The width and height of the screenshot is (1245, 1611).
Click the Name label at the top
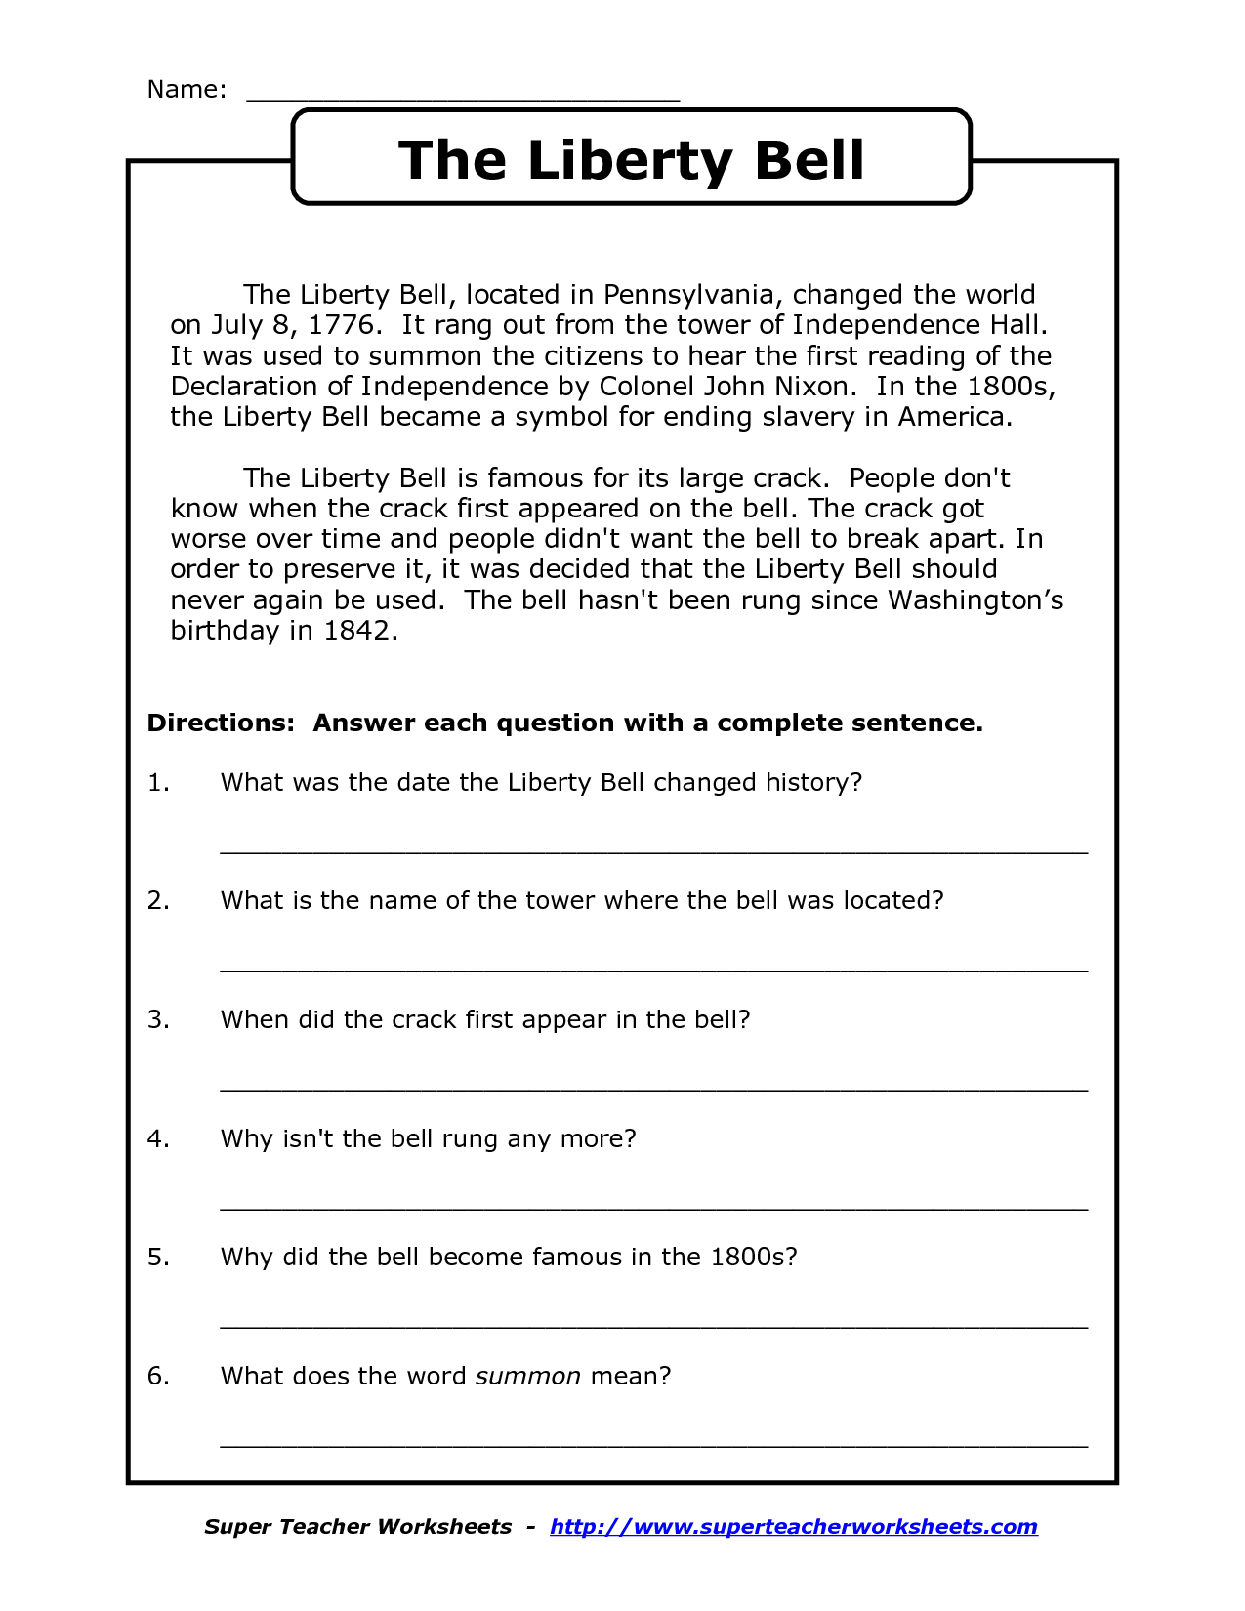pos(186,90)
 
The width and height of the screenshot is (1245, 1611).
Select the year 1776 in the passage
pos(341,325)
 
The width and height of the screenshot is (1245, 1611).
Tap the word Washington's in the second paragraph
pos(975,600)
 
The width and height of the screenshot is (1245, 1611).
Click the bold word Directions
pos(220,723)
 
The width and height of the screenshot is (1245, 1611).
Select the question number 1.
pos(158,783)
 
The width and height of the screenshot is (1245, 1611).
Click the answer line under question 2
pos(653,970)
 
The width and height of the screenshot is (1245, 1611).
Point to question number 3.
pos(158,1020)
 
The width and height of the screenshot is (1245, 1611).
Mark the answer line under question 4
pos(653,1208)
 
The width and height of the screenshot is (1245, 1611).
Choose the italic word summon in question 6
pos(528,1377)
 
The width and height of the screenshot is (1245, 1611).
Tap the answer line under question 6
pos(653,1444)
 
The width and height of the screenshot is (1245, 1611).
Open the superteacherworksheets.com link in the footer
pos(793,1527)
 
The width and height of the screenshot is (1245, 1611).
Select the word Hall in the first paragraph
pos(1022,325)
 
